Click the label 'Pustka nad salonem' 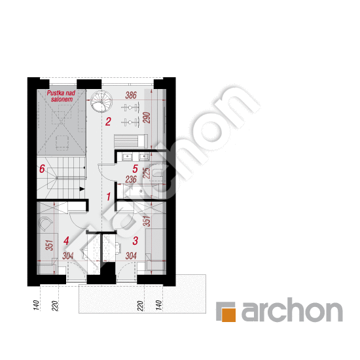tap(61, 96)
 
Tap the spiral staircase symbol tap(101, 101)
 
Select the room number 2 tap(108, 122)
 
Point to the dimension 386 tap(131, 95)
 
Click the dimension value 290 tap(147, 118)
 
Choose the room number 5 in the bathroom tap(135, 169)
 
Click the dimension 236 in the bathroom tap(131, 179)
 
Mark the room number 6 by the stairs tap(42, 169)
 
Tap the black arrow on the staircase tap(82, 189)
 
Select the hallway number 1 tap(109, 197)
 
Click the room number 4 tap(66, 241)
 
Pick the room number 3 tap(135, 241)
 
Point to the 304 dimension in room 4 tap(68, 256)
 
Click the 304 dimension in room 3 tap(131, 256)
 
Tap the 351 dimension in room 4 tap(49, 245)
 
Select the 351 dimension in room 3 tap(147, 221)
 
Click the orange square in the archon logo tap(228, 315)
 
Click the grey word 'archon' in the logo tap(292, 310)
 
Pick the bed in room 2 tap(131, 141)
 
